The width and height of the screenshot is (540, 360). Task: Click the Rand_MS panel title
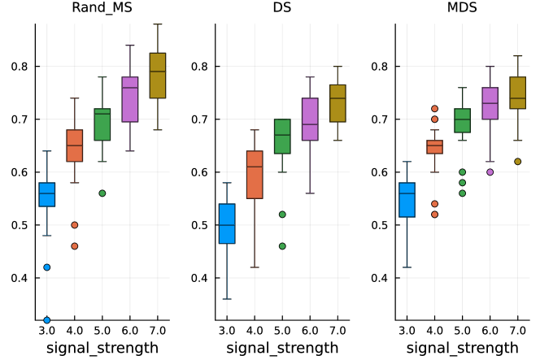[102, 10]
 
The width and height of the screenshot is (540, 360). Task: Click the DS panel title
[282, 10]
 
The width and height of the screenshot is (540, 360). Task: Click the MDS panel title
[462, 10]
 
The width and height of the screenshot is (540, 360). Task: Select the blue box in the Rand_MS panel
[47, 195]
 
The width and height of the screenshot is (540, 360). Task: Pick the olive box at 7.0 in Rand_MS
[157, 76]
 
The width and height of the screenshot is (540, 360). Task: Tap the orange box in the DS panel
[255, 176]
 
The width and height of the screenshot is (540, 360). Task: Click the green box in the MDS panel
[462, 120]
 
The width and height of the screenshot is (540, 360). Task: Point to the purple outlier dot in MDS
[490, 171]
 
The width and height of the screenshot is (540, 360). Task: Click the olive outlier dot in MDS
[517, 162]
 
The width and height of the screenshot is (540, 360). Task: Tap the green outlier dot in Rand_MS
[102, 193]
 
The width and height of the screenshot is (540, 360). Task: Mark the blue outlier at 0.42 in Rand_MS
[47, 267]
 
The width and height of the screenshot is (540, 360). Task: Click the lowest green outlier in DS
[282, 246]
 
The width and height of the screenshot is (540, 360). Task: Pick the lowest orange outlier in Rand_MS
[75, 246]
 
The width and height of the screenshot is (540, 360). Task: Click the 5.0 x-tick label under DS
[282, 331]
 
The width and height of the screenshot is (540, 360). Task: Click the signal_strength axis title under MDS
[462, 348]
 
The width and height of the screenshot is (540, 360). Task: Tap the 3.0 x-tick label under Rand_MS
[47, 331]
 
